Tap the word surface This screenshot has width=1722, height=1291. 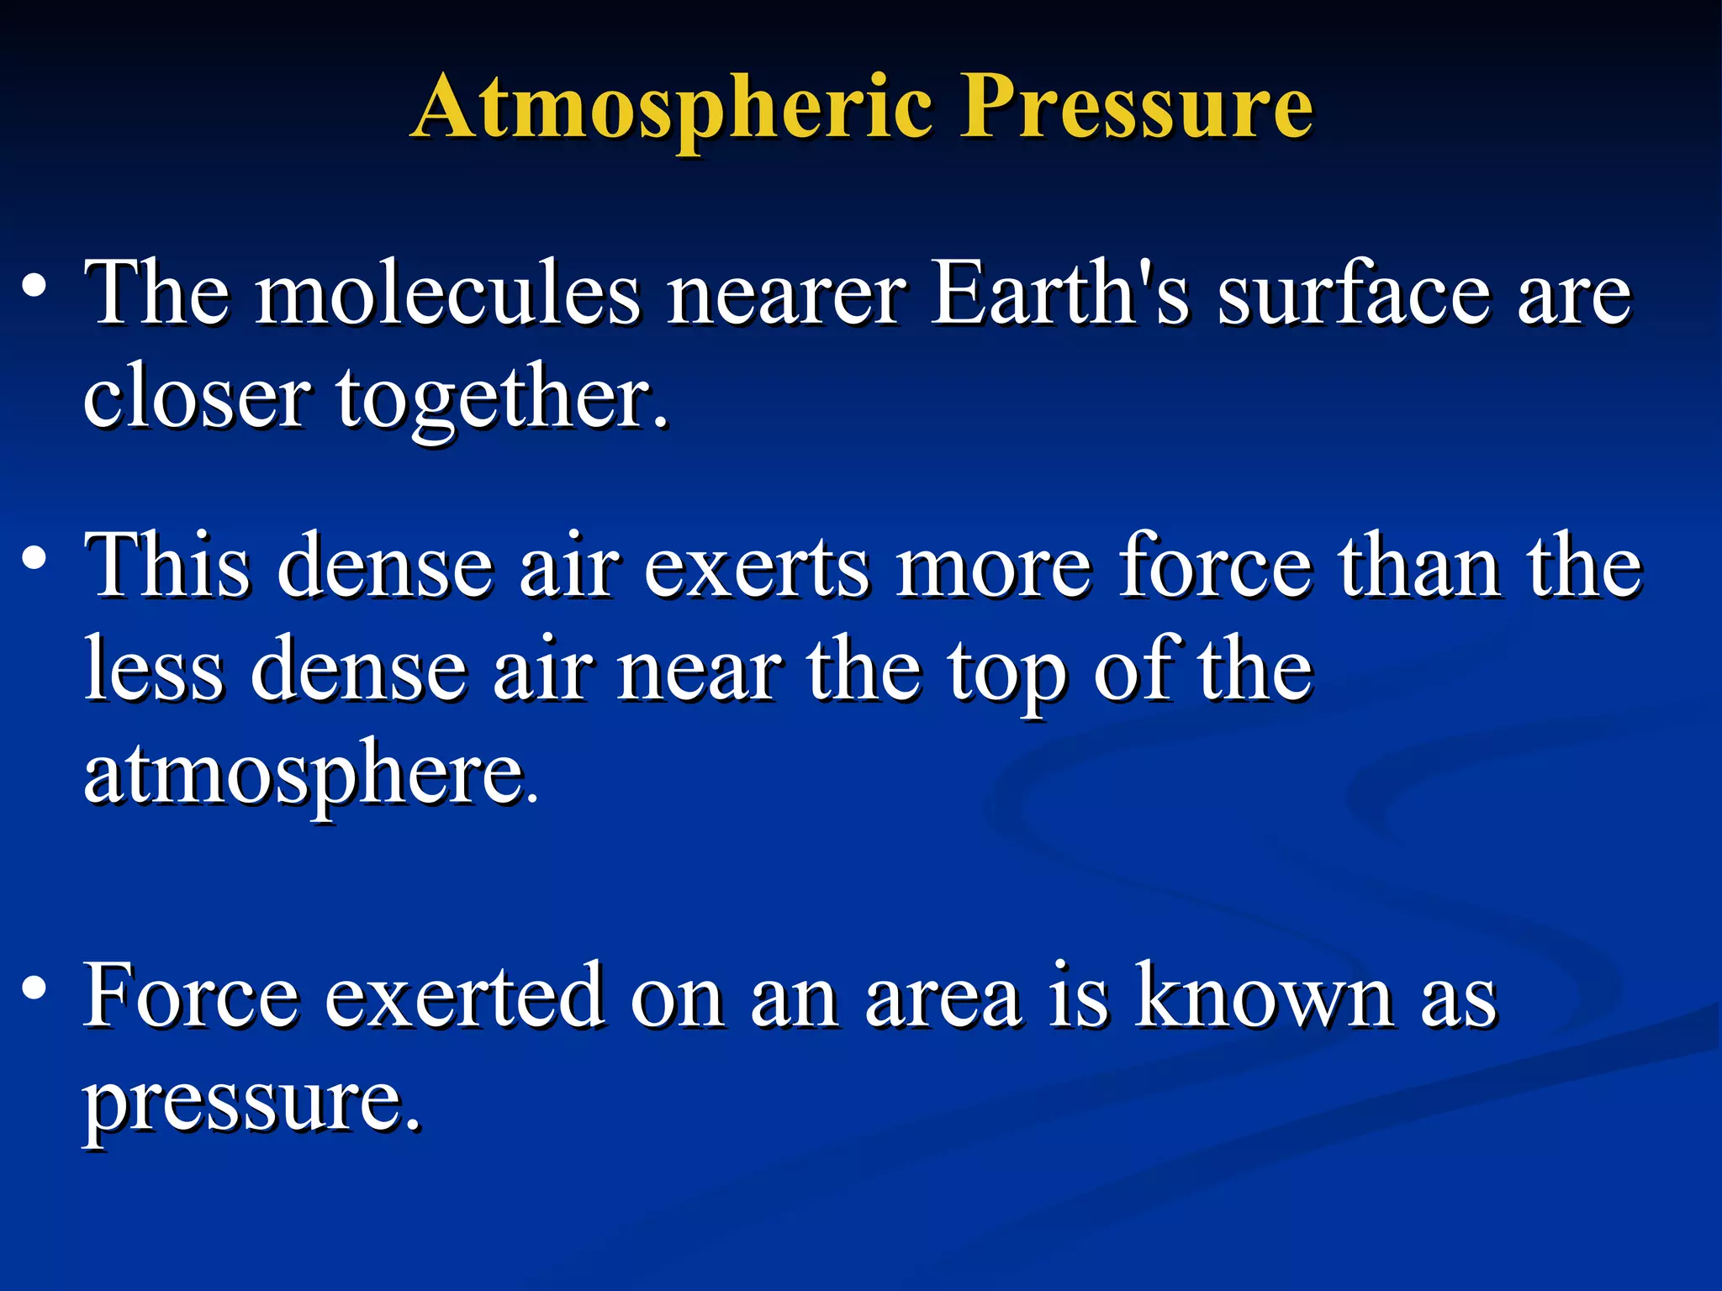click(1354, 294)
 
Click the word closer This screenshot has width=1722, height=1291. click(198, 399)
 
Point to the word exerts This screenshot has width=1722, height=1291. click(757, 567)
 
